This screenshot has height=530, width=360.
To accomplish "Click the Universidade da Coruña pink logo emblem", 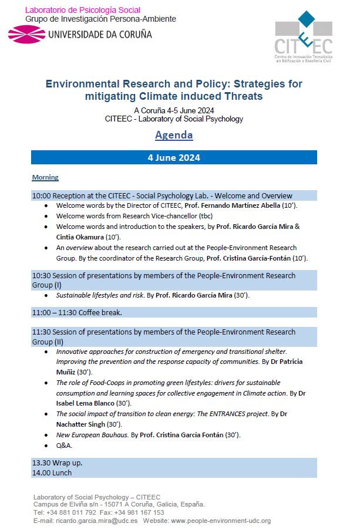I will tap(26, 34).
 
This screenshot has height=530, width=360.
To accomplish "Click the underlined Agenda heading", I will tap(174, 135).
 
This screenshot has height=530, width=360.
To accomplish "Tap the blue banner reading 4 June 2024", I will tap(174, 157).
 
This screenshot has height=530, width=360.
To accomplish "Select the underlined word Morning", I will tap(45, 177).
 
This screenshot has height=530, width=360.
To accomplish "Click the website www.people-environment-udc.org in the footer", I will tap(221, 521).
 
